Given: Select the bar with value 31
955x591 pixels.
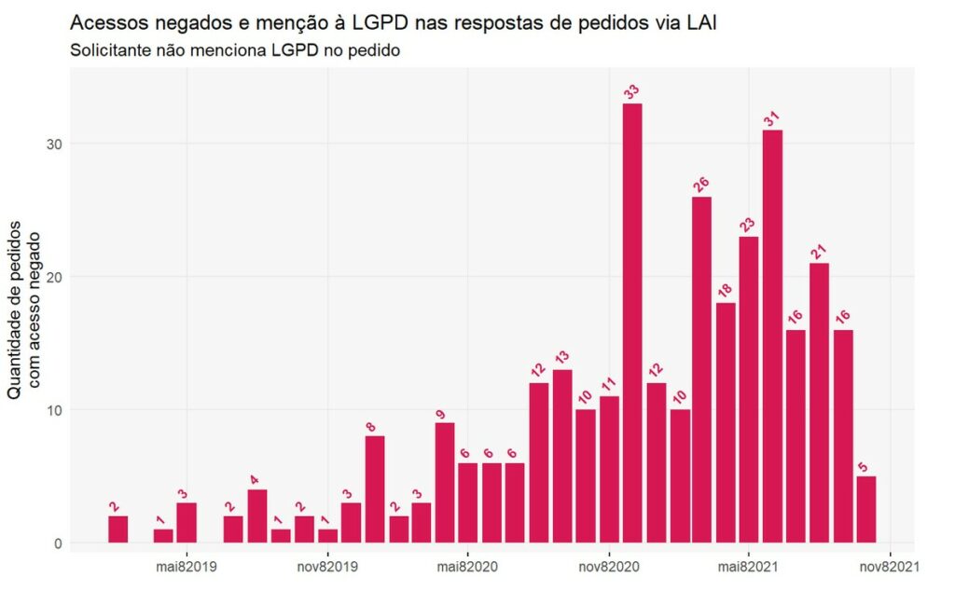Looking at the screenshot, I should coord(772,336).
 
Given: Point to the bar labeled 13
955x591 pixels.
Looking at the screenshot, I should coord(562,456).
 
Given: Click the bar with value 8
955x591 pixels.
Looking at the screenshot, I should coord(375,489).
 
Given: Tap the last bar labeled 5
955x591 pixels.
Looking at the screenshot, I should coord(865,509).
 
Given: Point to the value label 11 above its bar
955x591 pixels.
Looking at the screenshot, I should coord(609,383).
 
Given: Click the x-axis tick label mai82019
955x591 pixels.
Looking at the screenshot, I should coord(187,566).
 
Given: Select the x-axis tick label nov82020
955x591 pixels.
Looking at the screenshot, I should coord(608,566).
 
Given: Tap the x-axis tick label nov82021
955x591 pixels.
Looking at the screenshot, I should coord(890,566).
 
